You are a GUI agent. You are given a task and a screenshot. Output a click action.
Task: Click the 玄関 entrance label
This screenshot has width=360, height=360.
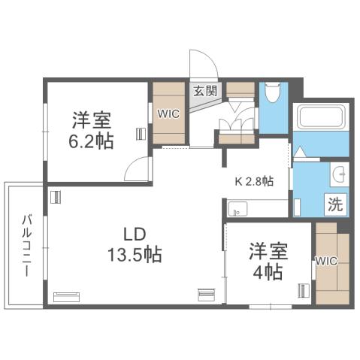(x=203, y=92)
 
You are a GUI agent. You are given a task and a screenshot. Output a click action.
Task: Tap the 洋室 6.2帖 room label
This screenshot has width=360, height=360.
(x=93, y=129)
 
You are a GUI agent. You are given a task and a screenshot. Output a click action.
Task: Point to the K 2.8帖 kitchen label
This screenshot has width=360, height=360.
(x=255, y=181)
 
